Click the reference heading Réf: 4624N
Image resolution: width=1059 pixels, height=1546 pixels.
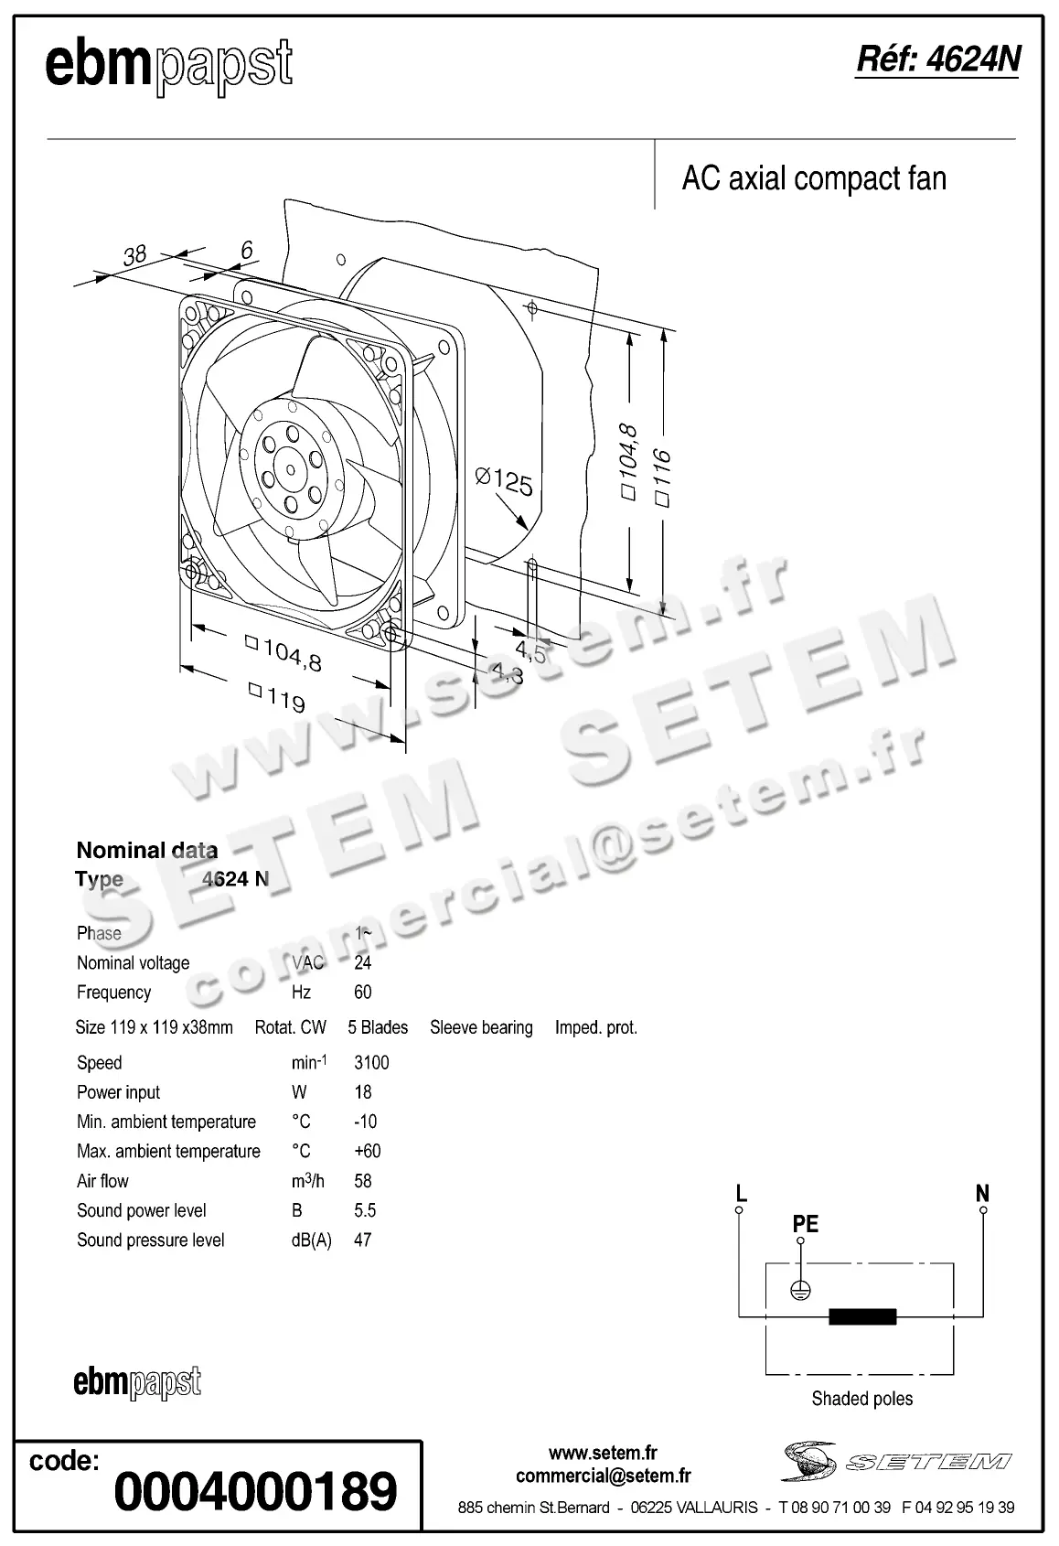936,59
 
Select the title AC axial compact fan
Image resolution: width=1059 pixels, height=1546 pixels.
814,178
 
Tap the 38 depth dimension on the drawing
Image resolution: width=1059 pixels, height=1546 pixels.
134,254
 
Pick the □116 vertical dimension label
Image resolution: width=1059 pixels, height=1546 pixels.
663,478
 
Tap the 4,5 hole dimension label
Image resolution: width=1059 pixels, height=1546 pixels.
530,651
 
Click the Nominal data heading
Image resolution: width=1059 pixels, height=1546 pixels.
146,850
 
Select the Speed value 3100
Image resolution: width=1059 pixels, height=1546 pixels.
371,1062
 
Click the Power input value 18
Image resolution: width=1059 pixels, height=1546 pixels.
363,1091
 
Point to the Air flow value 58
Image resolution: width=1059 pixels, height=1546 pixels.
363,1180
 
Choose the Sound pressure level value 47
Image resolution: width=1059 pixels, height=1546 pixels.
363,1240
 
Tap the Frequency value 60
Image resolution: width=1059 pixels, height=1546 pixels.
363,992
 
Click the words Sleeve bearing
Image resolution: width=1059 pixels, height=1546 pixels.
481,1027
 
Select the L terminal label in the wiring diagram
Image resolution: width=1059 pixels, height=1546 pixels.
741,1193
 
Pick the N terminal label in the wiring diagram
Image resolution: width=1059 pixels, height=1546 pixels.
982,1193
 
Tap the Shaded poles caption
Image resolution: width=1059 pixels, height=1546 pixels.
861,1398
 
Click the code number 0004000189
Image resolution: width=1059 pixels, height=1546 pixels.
256,1492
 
